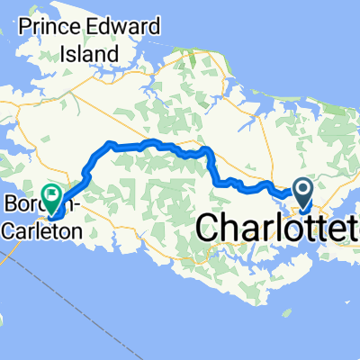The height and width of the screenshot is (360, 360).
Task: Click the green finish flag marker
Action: click(51, 193)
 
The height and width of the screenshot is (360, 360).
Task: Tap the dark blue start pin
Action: click(301, 189)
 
